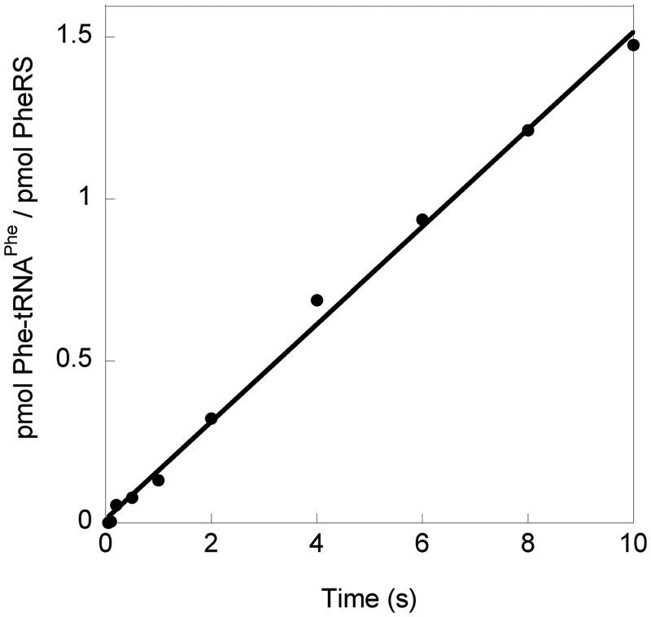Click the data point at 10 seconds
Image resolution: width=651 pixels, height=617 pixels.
633,45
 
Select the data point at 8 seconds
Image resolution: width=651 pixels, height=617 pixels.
527,130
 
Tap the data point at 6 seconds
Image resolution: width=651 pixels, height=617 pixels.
422,219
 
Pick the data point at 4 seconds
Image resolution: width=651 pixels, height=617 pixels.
317,300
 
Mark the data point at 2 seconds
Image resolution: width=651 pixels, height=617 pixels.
211,418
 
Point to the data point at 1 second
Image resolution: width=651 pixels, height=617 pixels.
159,480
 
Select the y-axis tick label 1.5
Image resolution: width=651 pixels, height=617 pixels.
73,37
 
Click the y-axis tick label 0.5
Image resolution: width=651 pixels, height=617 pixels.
73,361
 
